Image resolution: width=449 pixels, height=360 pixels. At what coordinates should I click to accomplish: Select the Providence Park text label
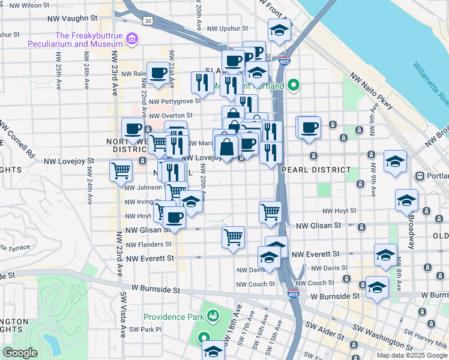(x=173, y=316)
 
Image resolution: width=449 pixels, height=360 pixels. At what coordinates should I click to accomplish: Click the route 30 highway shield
(x=148, y=20)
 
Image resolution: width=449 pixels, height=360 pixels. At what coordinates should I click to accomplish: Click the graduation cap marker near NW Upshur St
(x=279, y=31)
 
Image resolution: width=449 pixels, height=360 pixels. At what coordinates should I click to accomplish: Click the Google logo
(x=20, y=352)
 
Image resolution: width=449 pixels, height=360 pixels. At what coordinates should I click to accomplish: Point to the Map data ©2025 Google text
(x=411, y=355)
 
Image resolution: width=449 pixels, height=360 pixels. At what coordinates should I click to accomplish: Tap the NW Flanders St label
(x=148, y=244)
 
